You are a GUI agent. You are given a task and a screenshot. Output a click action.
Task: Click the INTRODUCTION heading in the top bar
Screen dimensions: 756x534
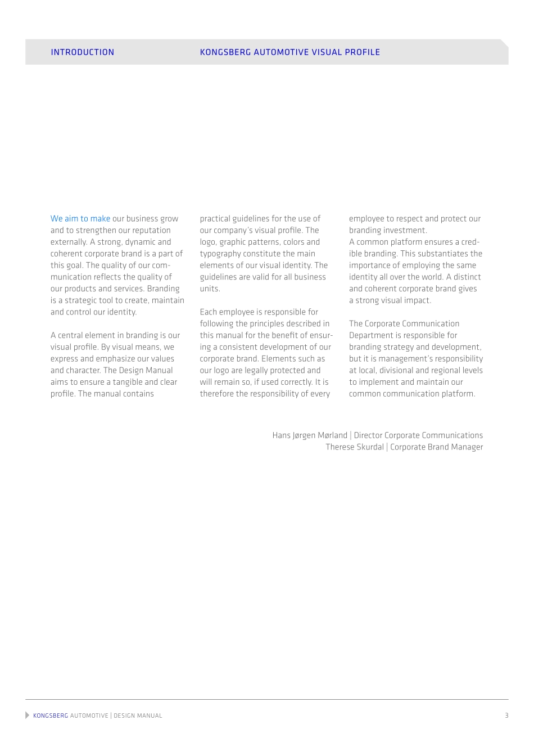(82, 52)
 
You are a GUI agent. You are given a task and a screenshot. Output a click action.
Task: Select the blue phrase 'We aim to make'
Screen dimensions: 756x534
(80, 219)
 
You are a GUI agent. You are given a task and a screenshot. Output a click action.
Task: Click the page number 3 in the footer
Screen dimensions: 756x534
(506, 715)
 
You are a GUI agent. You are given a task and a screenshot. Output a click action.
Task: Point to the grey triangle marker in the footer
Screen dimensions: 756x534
(28, 715)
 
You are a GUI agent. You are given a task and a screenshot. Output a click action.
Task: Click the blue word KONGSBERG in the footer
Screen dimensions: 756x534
(51, 715)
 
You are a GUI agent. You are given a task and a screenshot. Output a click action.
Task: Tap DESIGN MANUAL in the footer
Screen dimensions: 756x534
(138, 715)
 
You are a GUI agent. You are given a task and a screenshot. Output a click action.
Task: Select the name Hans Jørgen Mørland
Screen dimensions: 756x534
(310, 435)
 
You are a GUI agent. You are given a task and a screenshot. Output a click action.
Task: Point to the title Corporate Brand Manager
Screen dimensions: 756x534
(437, 447)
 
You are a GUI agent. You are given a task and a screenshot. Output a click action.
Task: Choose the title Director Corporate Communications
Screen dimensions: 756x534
(418, 435)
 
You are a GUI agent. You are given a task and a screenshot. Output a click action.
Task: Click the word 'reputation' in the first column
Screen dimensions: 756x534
(152, 231)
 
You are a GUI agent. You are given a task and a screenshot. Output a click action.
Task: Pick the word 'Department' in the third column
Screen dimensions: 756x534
(370, 335)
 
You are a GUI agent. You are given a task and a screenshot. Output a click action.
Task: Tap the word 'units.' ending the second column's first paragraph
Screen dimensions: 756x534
(210, 289)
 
